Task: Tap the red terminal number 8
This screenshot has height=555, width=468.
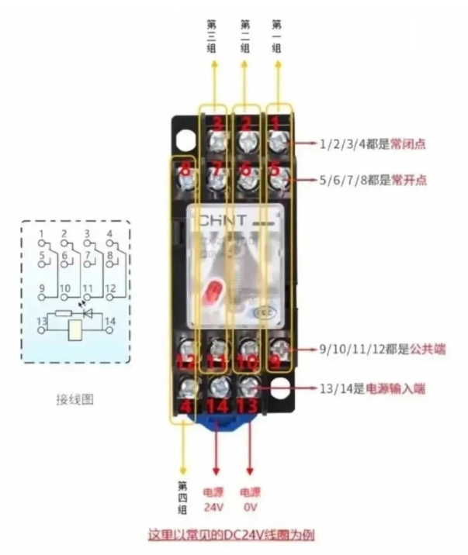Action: point(185,169)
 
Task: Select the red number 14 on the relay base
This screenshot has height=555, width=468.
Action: point(217,405)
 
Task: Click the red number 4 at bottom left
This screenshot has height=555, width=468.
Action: point(185,405)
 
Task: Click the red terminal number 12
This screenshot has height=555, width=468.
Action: point(185,361)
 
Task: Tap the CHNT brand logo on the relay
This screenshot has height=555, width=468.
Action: point(223,220)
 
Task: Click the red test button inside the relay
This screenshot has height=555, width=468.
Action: point(211,296)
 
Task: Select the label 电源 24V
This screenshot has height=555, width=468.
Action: point(213,500)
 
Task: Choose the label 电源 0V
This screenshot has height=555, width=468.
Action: point(249,500)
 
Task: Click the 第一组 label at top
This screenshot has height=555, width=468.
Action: point(276,36)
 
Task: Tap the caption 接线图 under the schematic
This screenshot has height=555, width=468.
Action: point(75,400)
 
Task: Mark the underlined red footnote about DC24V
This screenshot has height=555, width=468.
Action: point(231,536)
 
